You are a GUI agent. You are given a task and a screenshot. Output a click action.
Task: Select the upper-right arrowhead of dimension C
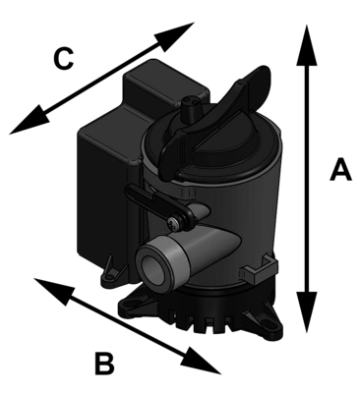point(182,32)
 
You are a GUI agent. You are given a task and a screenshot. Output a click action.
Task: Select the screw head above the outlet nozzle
point(175,224)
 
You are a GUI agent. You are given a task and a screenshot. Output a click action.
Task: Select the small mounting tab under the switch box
point(112,264)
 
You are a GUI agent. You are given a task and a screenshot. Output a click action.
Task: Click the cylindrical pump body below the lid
point(236,226)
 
